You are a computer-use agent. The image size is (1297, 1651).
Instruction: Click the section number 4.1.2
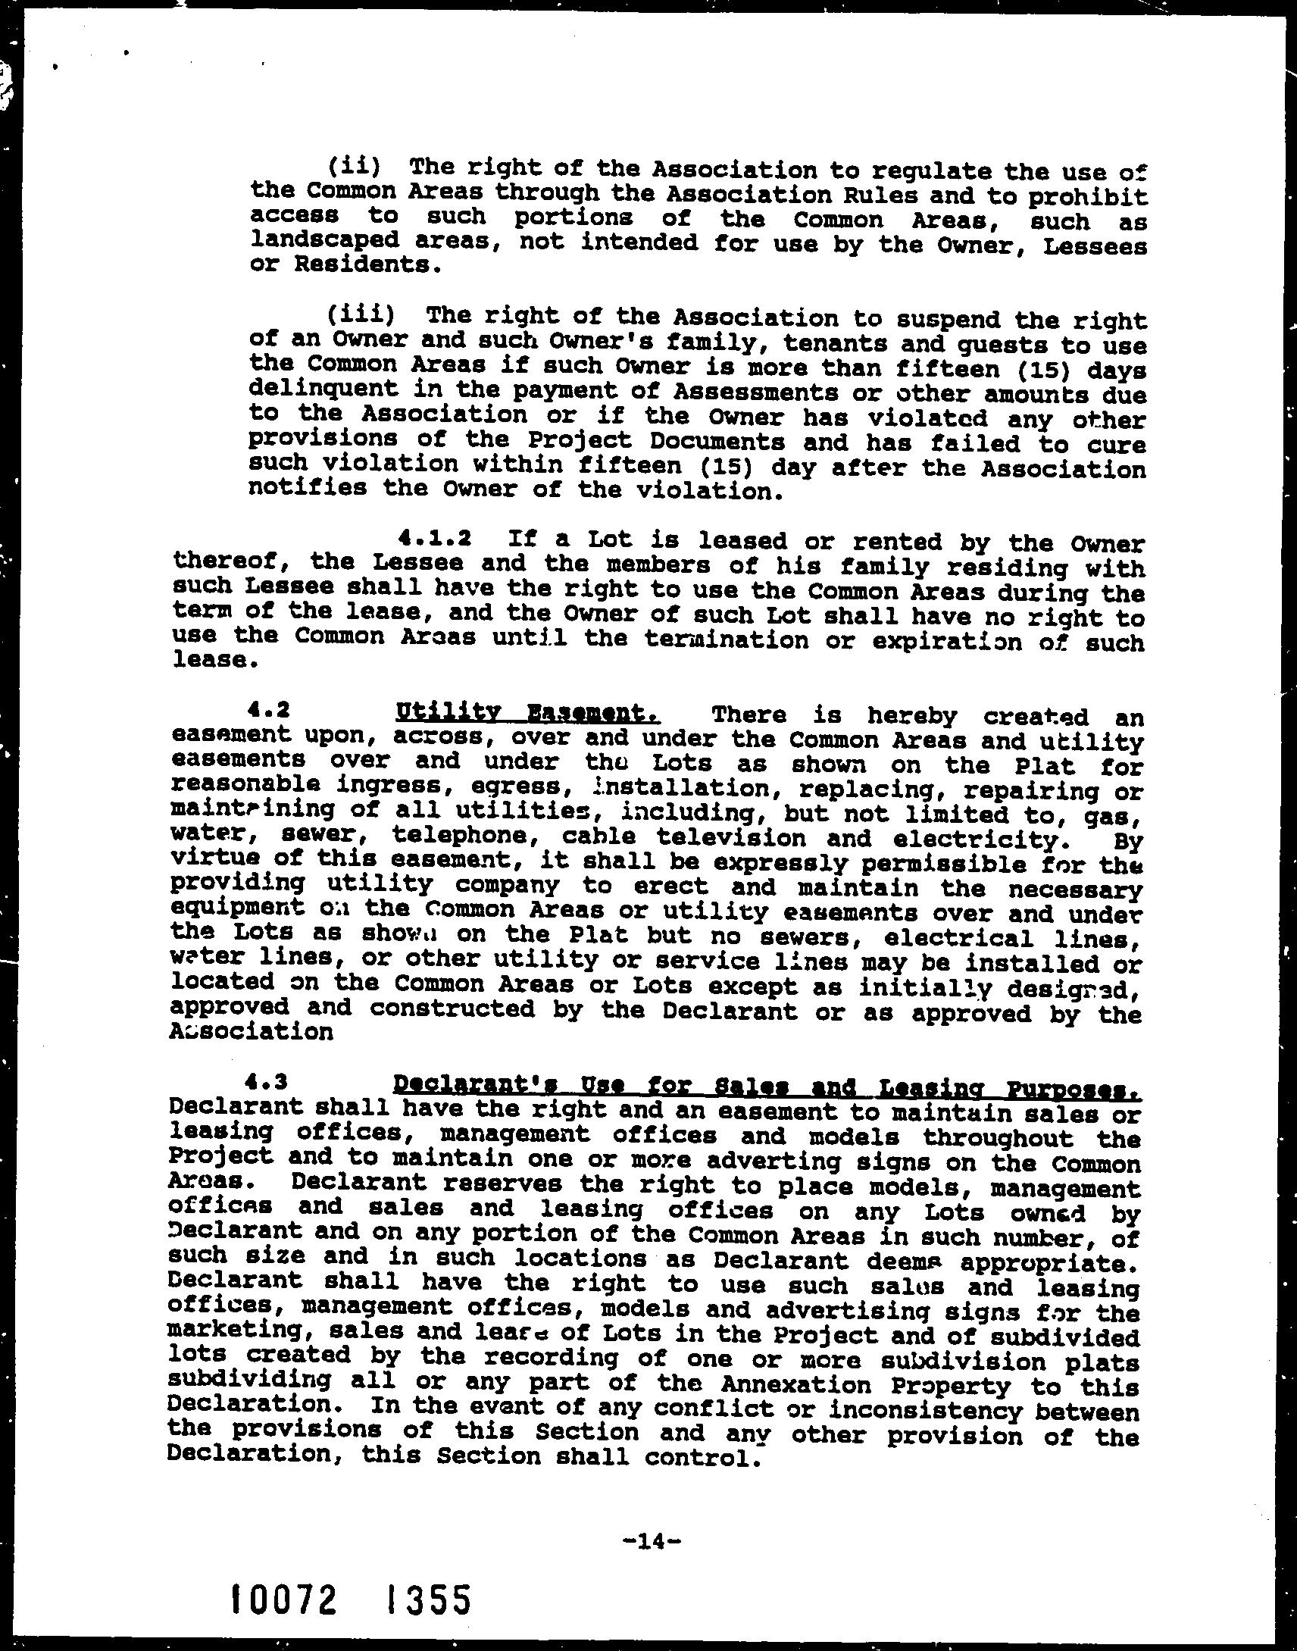click(434, 539)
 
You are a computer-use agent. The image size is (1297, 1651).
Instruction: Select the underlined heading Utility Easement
click(527, 713)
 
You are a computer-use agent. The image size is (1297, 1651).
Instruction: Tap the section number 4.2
click(269, 710)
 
